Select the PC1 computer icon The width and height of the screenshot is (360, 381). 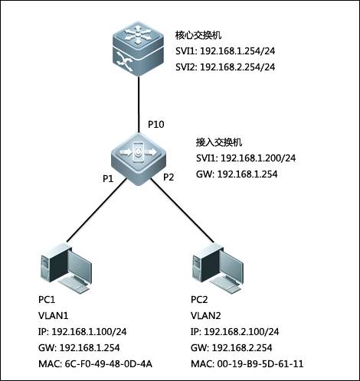[66, 267]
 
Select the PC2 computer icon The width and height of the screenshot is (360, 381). [218, 268]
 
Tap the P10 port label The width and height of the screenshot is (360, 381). [156, 125]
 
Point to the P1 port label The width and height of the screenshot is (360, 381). [108, 179]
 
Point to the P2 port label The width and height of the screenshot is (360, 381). [169, 177]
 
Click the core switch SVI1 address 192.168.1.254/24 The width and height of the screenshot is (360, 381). [237, 51]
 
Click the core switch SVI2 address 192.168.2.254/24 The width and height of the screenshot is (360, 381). [237, 67]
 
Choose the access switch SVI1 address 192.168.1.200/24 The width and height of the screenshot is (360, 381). [258, 158]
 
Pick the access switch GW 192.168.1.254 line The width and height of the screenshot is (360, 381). [237, 174]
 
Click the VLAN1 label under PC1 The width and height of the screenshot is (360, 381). [54, 316]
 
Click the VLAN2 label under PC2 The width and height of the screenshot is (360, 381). [206, 316]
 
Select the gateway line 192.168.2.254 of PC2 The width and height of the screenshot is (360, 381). [231, 348]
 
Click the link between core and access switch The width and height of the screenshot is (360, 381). [139, 104]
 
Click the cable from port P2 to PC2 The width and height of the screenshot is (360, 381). [182, 210]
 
